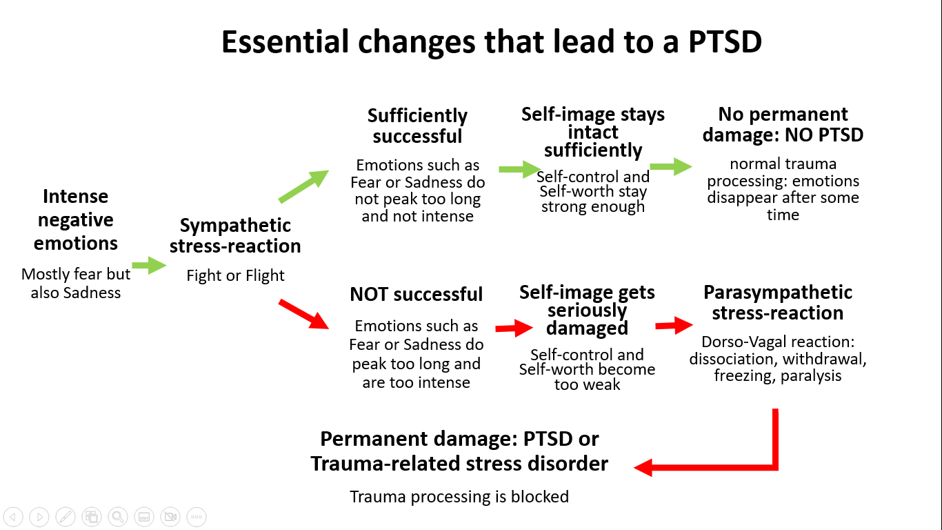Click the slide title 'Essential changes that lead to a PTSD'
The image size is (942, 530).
tap(492, 42)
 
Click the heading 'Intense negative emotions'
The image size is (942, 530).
tap(76, 219)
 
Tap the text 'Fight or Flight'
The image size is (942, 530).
tap(236, 275)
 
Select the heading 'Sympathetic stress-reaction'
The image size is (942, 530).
tap(235, 236)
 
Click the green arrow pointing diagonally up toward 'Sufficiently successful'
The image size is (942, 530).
tap(303, 186)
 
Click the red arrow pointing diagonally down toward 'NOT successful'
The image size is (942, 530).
tap(303, 314)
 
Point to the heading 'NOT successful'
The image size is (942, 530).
tap(416, 294)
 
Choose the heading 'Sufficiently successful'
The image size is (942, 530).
tap(417, 126)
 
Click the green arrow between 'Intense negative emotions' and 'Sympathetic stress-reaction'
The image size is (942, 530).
tap(149, 265)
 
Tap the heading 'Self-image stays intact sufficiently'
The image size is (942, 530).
tap(593, 132)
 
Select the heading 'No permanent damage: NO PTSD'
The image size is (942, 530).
tap(783, 125)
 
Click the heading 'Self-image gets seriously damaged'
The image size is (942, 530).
tap(587, 310)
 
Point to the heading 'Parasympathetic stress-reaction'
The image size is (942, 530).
tap(778, 303)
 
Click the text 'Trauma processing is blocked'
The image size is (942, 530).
tap(459, 497)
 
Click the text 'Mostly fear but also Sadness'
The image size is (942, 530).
tap(76, 284)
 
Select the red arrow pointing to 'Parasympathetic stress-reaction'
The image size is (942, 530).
tap(674, 326)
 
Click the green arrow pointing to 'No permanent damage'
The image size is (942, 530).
tap(671, 167)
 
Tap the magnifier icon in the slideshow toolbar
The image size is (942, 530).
tap(118, 516)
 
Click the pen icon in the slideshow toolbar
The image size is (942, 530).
tap(66, 516)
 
